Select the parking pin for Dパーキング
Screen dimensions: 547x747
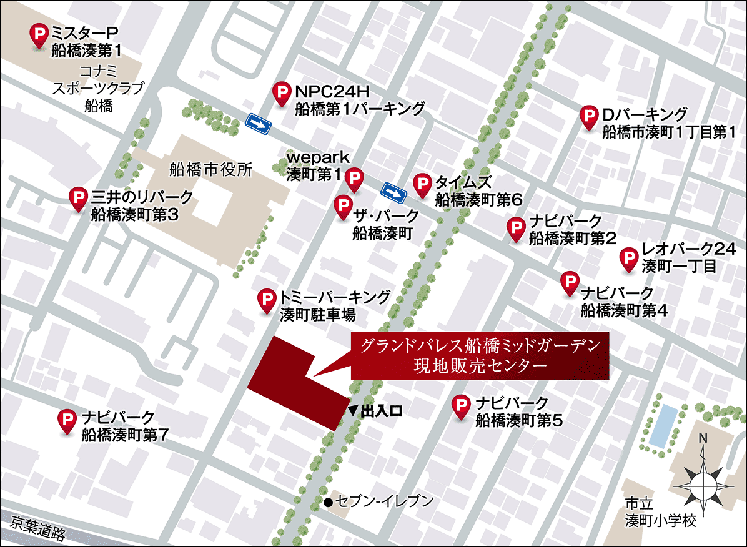588,116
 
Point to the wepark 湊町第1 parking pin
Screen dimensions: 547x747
354,178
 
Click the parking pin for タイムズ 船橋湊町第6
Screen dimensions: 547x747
423,184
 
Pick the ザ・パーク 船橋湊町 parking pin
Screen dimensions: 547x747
342,205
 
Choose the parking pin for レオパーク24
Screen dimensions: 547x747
629,258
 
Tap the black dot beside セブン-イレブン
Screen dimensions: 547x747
328,501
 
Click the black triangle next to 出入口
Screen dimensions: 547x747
353,410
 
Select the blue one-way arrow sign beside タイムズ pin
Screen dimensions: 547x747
395,192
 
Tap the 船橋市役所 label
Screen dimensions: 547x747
211,169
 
